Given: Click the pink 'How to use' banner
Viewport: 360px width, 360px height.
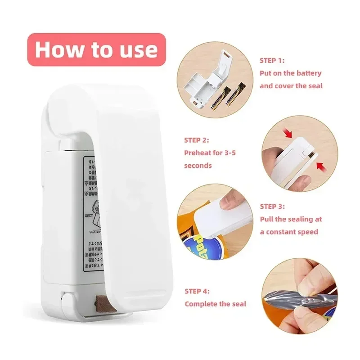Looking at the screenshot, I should tap(96, 49).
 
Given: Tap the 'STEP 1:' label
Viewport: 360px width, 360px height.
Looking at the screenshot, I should tap(272, 60).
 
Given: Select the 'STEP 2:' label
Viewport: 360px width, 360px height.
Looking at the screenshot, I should tap(196, 140).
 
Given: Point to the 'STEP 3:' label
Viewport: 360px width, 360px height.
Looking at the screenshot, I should tap(272, 207).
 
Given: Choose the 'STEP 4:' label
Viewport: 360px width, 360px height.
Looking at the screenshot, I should tap(197, 291).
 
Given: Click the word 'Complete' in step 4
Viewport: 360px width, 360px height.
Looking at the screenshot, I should tap(201, 304).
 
